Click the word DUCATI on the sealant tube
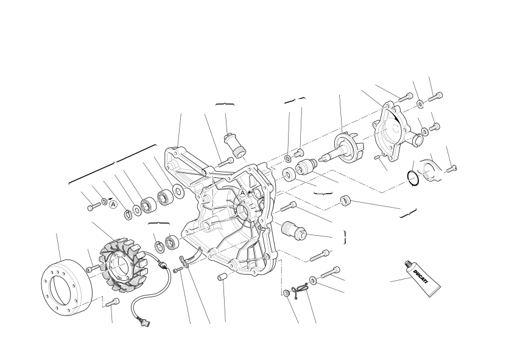pyautogui.click(x=422, y=276)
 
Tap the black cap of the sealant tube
pyautogui.click(x=409, y=264)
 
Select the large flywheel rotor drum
pyautogui.click(x=67, y=288)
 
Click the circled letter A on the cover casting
pyautogui.click(x=242, y=193)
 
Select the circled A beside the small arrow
pyautogui.click(x=113, y=205)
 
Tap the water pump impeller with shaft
pyautogui.click(x=342, y=150)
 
